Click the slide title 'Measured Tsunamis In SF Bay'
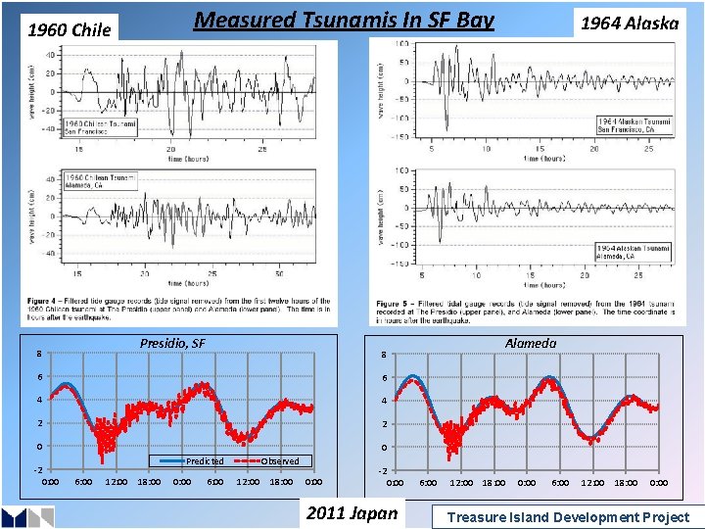(343, 20)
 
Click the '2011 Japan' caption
(352, 513)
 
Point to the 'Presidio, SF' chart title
(172, 343)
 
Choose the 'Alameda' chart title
(531, 343)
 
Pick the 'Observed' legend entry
(280, 461)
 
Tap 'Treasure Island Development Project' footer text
(568, 517)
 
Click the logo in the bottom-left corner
(26, 516)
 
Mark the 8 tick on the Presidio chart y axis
(39, 355)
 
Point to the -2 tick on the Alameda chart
(385, 471)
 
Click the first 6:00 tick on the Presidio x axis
(83, 482)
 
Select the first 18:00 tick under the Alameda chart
(494, 484)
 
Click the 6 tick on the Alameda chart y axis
(385, 378)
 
